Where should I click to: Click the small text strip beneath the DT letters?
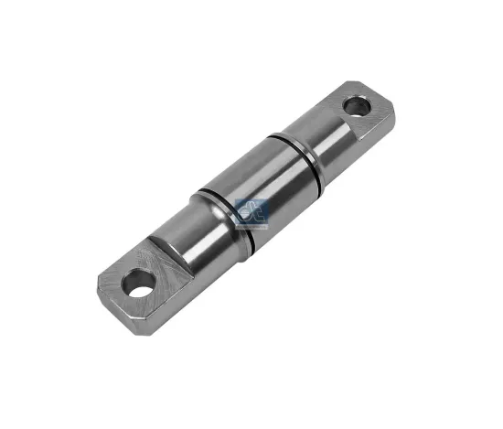tap(250, 223)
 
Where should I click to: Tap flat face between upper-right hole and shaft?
tap(344, 116)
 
